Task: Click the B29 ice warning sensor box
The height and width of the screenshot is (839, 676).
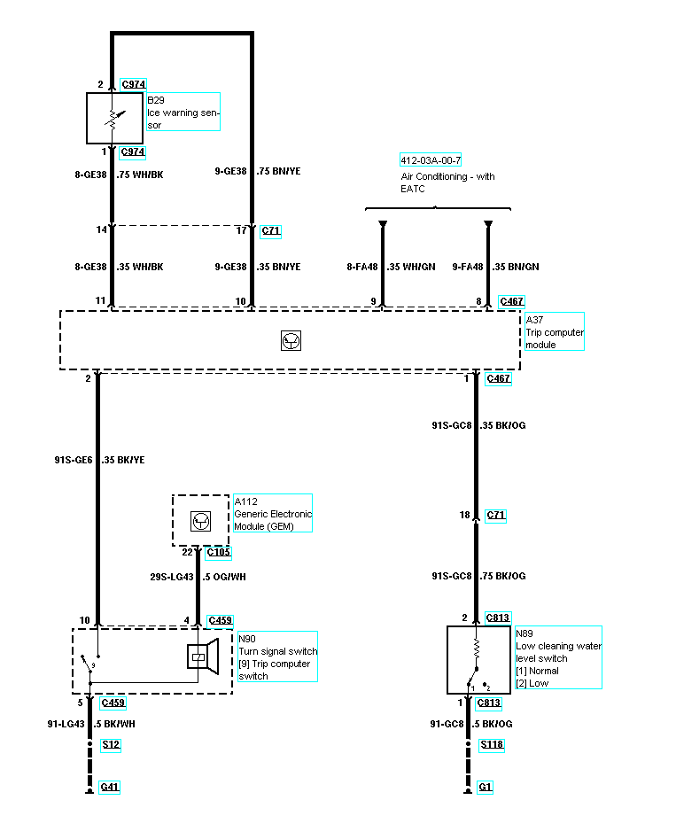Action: point(114,118)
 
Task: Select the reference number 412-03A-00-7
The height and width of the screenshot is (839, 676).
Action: point(430,160)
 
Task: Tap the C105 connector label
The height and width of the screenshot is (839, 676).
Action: point(218,554)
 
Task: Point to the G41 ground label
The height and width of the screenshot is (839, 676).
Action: point(109,787)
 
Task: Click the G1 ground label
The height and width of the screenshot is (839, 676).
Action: point(485,787)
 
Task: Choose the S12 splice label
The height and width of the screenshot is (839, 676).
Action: point(110,745)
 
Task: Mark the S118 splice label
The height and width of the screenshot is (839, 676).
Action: point(492,745)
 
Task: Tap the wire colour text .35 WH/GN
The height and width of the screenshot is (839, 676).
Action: point(411,267)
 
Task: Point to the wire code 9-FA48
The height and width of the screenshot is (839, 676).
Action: point(467,267)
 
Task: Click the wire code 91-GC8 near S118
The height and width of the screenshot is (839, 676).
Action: point(447,725)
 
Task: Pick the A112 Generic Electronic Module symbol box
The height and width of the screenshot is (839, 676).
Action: point(200,519)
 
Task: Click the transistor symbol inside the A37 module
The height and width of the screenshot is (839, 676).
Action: point(289,340)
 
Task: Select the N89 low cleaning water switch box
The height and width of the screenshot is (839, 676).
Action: point(479,660)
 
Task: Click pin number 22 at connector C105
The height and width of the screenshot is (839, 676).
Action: point(187,552)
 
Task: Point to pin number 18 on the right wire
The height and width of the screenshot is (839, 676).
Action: point(464,515)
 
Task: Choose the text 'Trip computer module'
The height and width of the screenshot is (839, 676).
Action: point(554,338)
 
